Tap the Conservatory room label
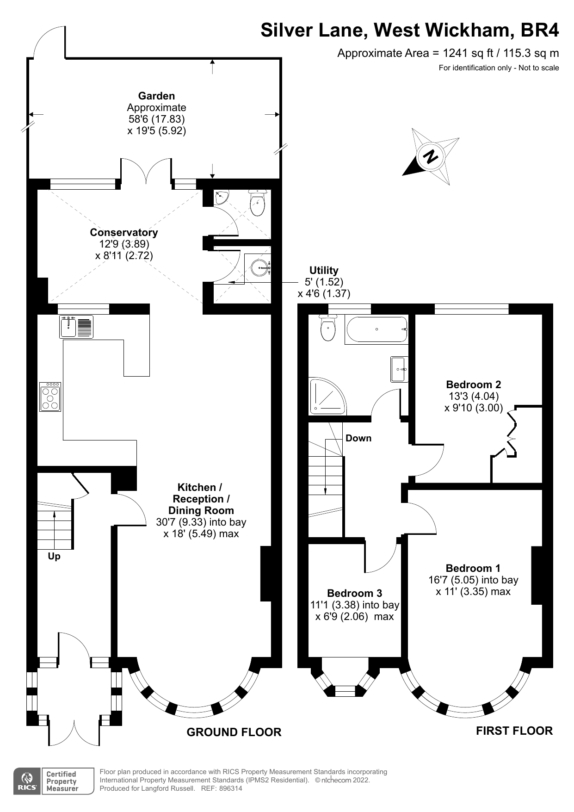tap(123, 233)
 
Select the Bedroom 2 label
tap(473, 384)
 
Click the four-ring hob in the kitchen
tap(50, 397)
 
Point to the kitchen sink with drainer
tap(76, 327)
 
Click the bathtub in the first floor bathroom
tap(376, 329)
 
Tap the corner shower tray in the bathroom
tap(327, 397)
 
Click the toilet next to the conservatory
tap(257, 202)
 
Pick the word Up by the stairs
tap(54, 557)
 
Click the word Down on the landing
tap(358, 438)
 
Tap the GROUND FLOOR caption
tap(234, 732)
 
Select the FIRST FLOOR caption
tap(514, 731)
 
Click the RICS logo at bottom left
tap(26, 781)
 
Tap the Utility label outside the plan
tap(324, 270)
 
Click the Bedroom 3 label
tap(354, 593)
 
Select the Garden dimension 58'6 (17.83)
tap(156, 119)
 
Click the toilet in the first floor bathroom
tap(328, 329)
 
